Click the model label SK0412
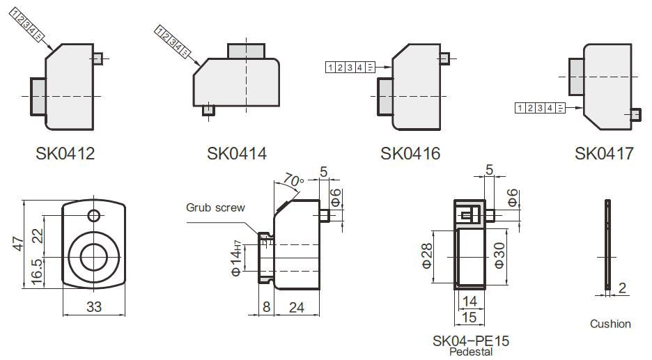(65, 153)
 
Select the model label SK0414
(236, 153)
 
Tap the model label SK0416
(410, 153)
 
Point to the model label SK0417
(604, 153)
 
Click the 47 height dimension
(19, 244)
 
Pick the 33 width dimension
(93, 306)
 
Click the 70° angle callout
(293, 180)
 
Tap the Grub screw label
(215, 208)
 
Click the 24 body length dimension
(296, 306)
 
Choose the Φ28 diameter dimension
(428, 256)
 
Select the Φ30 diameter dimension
(499, 256)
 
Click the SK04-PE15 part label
(471, 341)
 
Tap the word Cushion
(610, 324)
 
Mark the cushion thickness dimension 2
(622, 288)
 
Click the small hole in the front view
(93, 214)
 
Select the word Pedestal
(471, 352)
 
